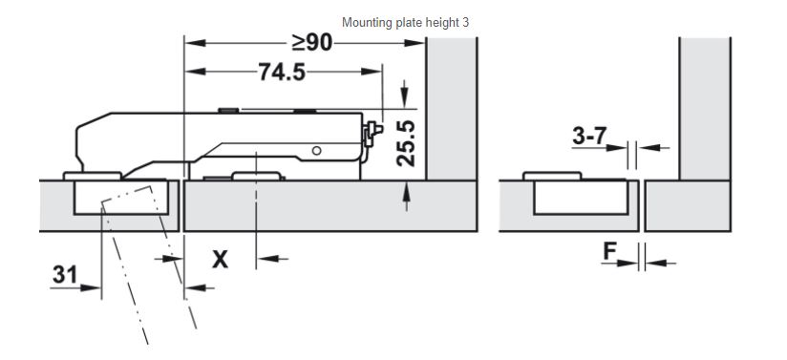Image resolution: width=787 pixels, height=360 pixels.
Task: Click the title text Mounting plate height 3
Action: click(406, 23)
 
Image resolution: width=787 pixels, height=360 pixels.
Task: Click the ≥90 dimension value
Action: click(312, 43)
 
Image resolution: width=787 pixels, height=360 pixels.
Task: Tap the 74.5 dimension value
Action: click(282, 72)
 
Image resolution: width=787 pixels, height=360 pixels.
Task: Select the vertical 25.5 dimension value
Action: click(406, 143)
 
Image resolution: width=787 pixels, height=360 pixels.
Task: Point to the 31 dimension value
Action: click(65, 275)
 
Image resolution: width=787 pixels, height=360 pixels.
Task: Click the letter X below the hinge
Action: click(220, 260)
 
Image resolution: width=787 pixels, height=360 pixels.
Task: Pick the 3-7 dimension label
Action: click(589, 136)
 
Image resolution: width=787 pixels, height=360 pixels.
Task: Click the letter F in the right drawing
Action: click(609, 251)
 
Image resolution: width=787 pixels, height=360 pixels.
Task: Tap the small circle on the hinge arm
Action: click(316, 150)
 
